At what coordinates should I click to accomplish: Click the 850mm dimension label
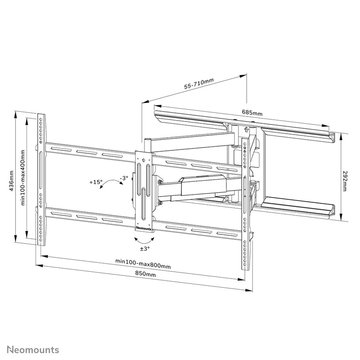tap(145, 274)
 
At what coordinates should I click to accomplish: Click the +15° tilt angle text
tap(95, 182)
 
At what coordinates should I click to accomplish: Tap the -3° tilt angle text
tap(124, 178)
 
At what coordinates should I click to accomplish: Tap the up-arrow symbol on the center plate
tap(144, 159)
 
